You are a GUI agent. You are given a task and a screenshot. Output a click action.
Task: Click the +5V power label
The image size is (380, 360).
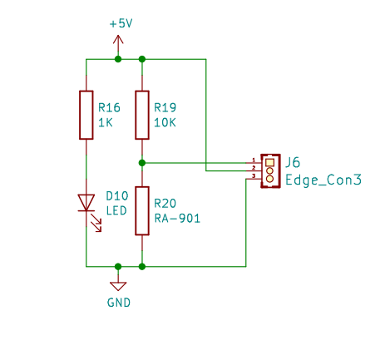pos(121,23)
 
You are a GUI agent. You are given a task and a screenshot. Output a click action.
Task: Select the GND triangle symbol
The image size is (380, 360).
pos(118,286)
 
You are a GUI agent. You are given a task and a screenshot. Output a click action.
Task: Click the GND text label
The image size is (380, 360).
pos(119,303)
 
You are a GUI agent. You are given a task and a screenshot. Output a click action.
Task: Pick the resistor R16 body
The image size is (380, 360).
pos(86,115)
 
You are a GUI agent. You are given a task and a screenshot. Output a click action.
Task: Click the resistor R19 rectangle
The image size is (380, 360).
pos(142,115)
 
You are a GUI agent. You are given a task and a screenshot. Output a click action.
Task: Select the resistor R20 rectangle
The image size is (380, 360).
pos(142,210)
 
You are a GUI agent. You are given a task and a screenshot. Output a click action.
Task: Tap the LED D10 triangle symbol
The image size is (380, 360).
pos(86,203)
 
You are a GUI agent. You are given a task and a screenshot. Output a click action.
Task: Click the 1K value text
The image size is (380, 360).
pos(106,122)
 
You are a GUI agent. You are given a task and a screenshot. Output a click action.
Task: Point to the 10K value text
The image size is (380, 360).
pos(165,122)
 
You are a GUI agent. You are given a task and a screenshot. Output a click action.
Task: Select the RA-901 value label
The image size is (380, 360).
pos(177,219)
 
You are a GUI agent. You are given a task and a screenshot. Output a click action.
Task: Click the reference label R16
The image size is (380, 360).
pos(109,107)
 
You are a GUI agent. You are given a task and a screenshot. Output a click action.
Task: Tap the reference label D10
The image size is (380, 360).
pos(117,196)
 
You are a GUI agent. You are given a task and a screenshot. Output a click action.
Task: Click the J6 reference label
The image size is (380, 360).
pos(293,162)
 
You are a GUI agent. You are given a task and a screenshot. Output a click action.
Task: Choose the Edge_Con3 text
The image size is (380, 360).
pos(323,180)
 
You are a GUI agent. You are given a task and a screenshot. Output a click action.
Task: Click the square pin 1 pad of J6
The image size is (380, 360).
pos(269,162)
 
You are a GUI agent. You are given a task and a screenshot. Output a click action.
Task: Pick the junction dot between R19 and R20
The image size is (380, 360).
pos(142,163)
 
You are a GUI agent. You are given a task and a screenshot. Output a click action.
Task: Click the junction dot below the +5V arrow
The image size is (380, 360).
pos(118,59)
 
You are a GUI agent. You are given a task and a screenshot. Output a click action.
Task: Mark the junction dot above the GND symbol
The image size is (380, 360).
pos(118,267)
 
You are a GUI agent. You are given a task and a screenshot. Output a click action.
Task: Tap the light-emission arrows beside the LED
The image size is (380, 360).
pos(96,223)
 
